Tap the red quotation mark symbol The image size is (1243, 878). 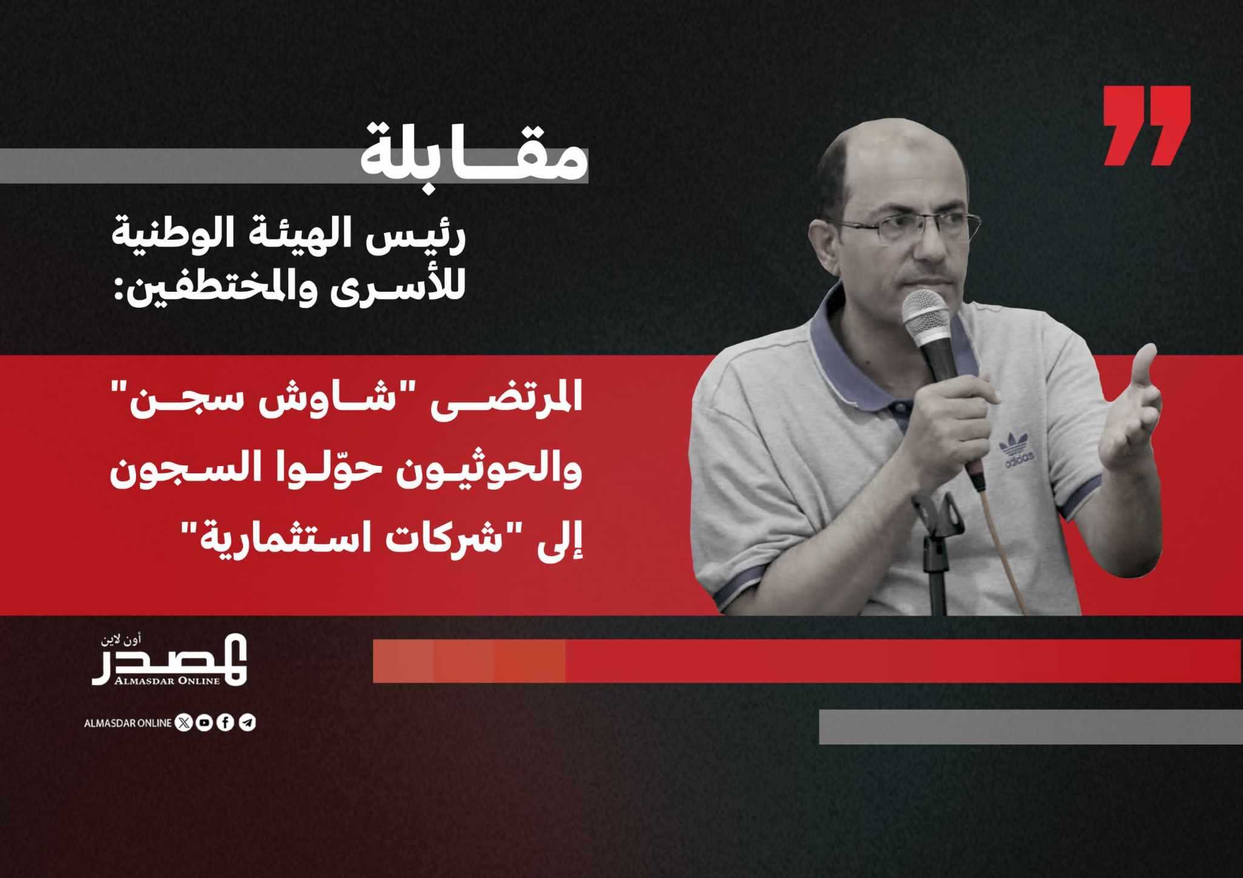(x=1146, y=126)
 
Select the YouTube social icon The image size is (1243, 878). (x=204, y=723)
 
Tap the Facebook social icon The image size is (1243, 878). (x=225, y=723)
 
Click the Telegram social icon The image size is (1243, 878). (x=247, y=723)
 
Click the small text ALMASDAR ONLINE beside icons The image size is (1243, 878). (x=128, y=723)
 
